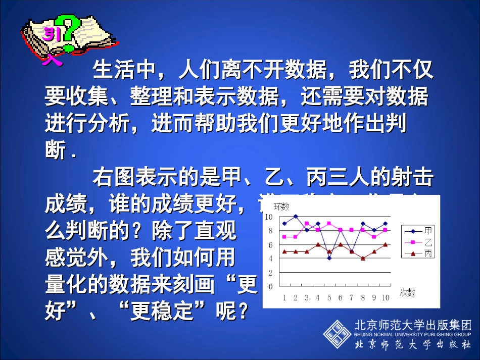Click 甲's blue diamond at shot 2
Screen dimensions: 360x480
[x=296, y=217]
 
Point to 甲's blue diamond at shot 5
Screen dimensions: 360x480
[x=329, y=258]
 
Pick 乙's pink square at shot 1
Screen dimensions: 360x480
[x=284, y=237]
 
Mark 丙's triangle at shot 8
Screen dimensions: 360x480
[x=363, y=258]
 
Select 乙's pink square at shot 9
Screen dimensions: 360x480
[x=374, y=237]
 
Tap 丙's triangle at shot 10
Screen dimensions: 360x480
[x=385, y=244]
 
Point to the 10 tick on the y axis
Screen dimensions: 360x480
[x=269, y=217]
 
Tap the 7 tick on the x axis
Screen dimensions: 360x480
[x=352, y=297]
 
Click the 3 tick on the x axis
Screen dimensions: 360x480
[x=307, y=297]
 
